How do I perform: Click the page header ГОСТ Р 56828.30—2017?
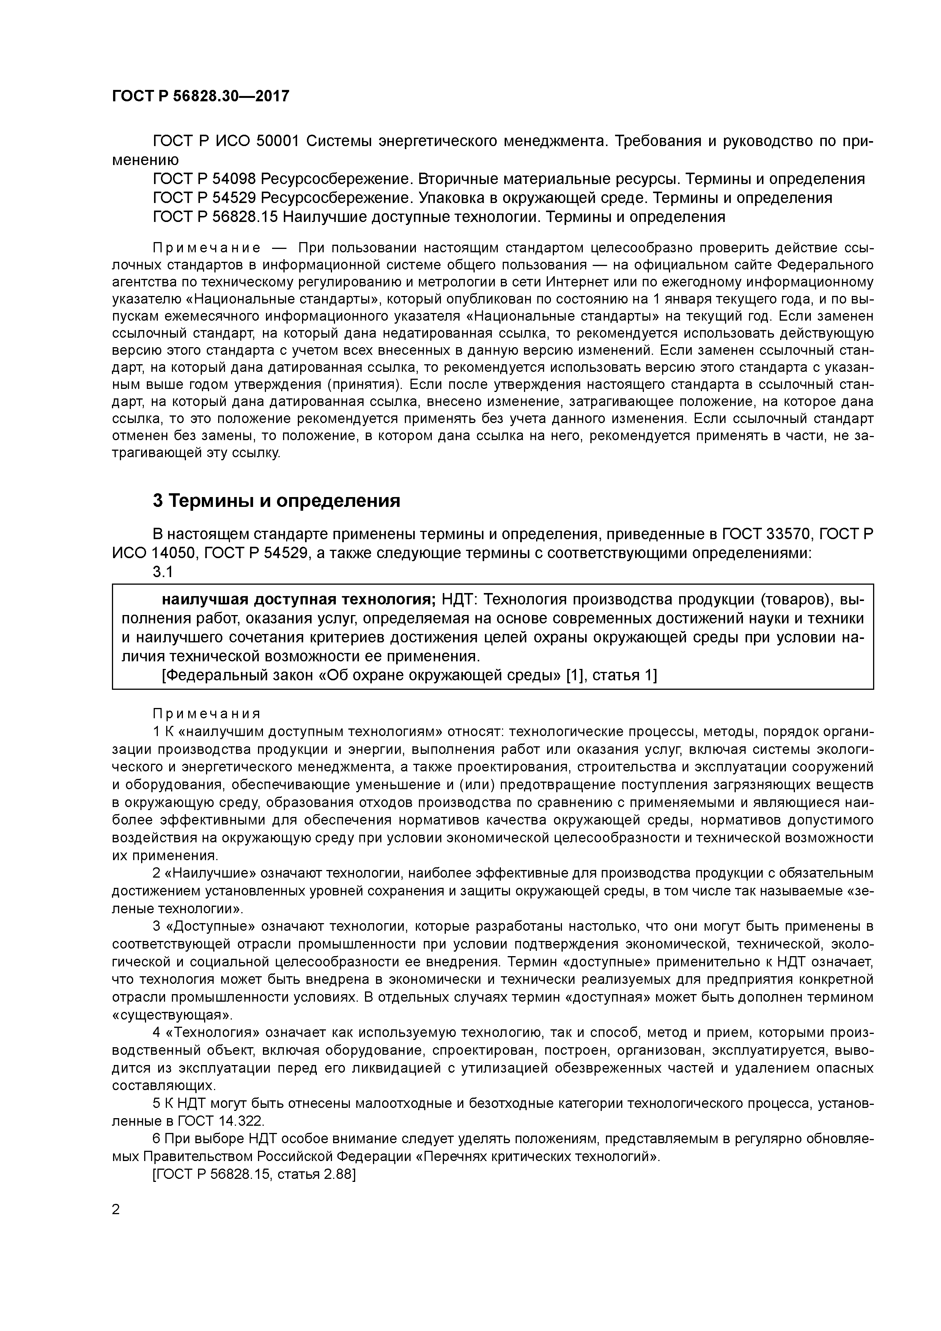(200, 96)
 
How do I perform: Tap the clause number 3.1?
(163, 572)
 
